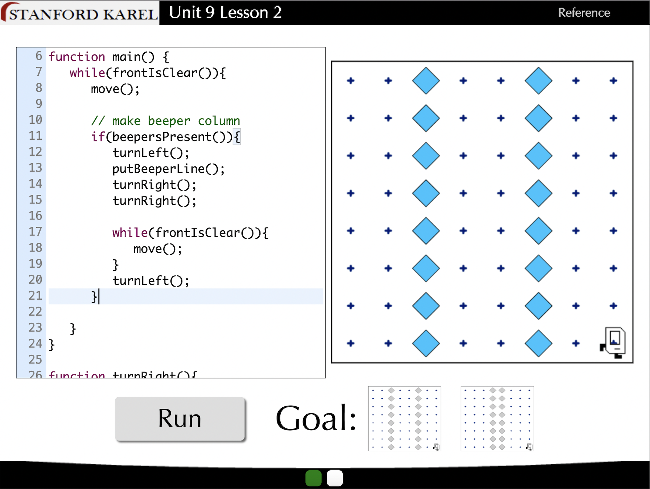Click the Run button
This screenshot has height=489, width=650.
point(180,419)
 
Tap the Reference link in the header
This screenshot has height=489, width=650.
point(584,13)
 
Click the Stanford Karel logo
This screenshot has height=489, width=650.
point(80,13)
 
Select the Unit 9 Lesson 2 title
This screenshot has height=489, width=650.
point(225,13)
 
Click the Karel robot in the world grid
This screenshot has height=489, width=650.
point(613,342)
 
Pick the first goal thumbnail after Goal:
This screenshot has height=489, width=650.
point(404,419)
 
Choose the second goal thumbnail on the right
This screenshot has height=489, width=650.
point(497,419)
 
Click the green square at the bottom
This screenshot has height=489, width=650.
point(313,478)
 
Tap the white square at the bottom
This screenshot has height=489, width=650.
point(334,478)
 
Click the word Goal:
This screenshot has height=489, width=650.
point(316,419)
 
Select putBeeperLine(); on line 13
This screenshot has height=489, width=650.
point(168,169)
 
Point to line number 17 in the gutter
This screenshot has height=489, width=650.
point(36,232)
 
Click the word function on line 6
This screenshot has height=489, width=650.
point(77,57)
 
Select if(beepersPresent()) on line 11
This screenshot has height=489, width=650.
point(161,137)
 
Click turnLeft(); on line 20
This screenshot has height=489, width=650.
point(151,281)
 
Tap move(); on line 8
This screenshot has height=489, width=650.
point(115,89)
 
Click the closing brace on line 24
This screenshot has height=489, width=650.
point(52,344)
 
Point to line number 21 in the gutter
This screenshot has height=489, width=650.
point(36,296)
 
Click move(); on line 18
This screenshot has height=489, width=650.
point(158,249)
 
